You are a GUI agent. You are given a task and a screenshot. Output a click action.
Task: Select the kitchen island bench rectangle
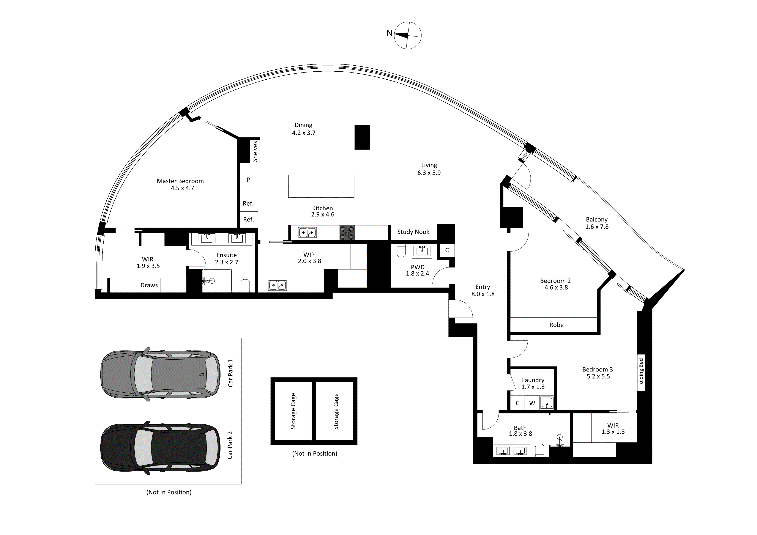[x=321, y=186]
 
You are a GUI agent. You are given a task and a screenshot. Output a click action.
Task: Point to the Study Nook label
[x=413, y=232]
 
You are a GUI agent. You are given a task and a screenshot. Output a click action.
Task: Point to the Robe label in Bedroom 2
[x=557, y=325]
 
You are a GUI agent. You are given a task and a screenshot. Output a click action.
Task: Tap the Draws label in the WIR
[x=149, y=285]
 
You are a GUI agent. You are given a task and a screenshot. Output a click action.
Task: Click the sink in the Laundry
[x=547, y=403]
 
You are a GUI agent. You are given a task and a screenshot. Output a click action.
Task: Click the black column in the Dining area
[x=362, y=137]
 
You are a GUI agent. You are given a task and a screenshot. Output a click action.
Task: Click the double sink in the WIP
[x=277, y=285]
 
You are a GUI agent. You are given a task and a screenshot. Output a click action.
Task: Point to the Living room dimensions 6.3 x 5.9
[x=429, y=173]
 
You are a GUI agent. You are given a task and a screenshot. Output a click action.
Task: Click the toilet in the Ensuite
[x=245, y=285]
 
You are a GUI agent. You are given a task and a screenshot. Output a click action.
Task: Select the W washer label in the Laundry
[x=532, y=403]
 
